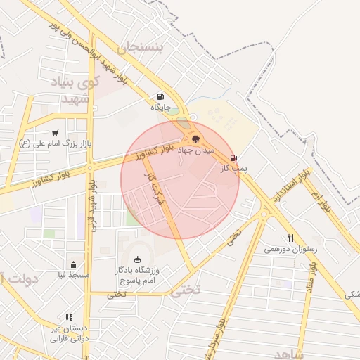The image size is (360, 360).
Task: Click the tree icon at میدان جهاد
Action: tap(195, 139)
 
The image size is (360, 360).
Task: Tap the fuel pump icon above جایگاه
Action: tap(160, 97)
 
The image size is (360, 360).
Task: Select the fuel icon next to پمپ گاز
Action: tap(233, 158)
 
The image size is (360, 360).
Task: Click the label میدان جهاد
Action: tap(200, 150)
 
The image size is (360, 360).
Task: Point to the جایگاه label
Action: tap(160, 108)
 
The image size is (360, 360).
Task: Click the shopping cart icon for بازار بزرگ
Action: tap(55, 133)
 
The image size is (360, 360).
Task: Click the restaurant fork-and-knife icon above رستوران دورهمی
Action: tap(290, 238)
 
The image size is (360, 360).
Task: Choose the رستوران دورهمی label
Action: tap(290, 249)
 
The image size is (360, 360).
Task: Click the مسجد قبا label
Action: tap(74, 275)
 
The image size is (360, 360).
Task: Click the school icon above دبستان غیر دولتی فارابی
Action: tap(69, 317)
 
